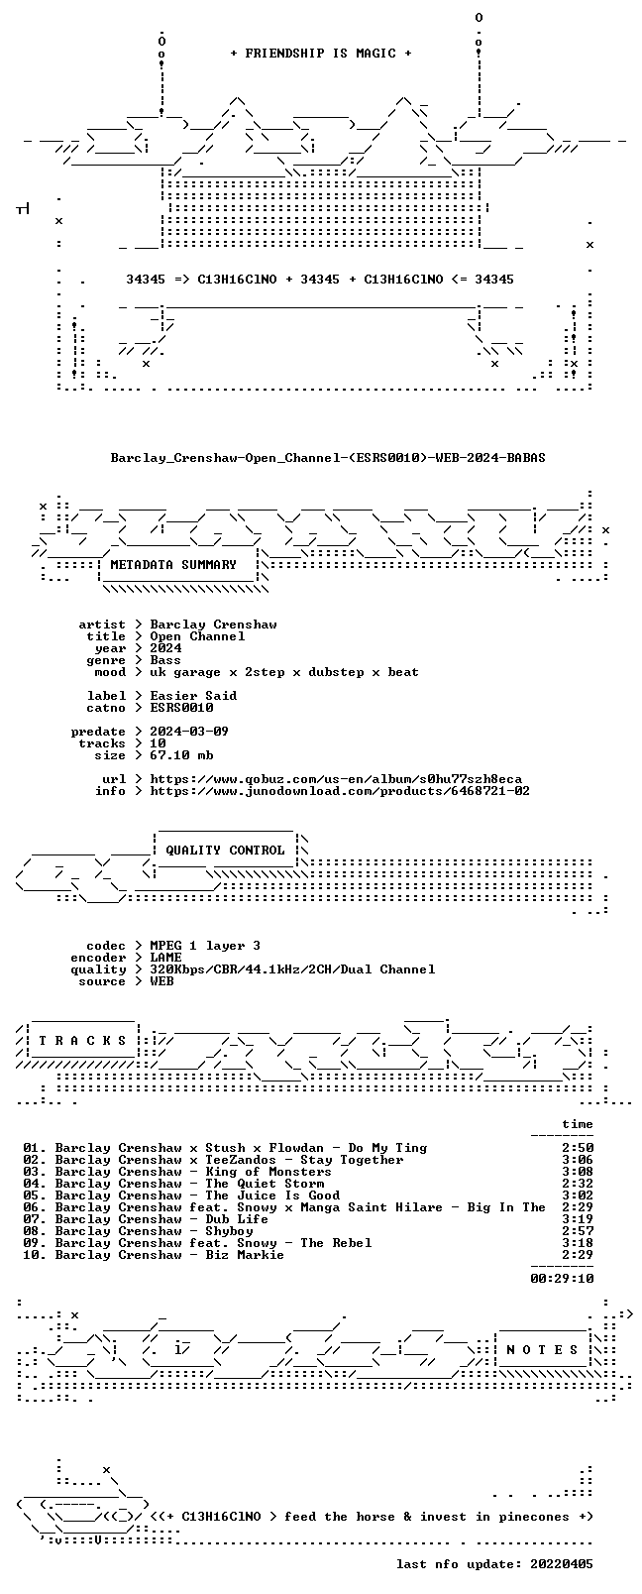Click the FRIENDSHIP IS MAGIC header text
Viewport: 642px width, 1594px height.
point(321,54)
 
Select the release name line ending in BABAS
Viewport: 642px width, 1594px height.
point(328,458)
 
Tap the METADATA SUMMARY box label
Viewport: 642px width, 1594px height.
point(173,565)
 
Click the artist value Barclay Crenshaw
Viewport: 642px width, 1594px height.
point(213,625)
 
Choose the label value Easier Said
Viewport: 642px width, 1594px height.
point(193,696)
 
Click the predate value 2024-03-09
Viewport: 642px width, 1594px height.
point(189,732)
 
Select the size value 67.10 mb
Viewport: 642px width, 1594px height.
point(181,755)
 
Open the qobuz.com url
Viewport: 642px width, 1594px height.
point(336,779)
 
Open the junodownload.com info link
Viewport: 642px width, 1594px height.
point(340,791)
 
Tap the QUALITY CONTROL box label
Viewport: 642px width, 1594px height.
point(225,851)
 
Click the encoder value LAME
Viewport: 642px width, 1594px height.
point(165,958)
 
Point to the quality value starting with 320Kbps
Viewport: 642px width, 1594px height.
point(292,969)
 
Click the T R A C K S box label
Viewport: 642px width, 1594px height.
point(82,1041)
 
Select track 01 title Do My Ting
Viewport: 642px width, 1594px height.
point(387,1148)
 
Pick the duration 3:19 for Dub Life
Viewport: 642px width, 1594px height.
point(578,1219)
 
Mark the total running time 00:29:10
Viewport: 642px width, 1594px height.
point(562,1279)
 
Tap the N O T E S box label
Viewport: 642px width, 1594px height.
point(542,1350)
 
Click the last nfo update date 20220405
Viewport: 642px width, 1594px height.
point(562,1564)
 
